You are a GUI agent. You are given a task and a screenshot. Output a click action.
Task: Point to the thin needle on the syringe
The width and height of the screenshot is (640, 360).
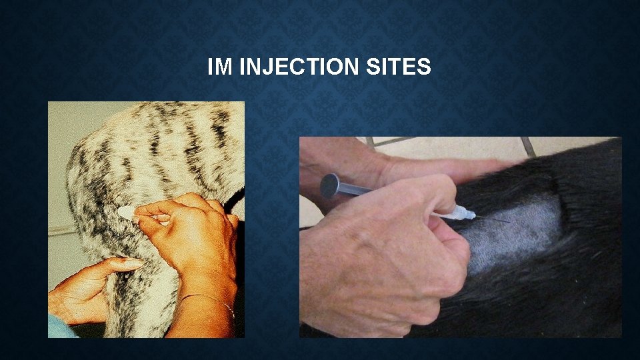pos(493,219)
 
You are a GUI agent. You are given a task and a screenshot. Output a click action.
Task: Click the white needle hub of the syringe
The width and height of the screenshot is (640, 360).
pos(461,213)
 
